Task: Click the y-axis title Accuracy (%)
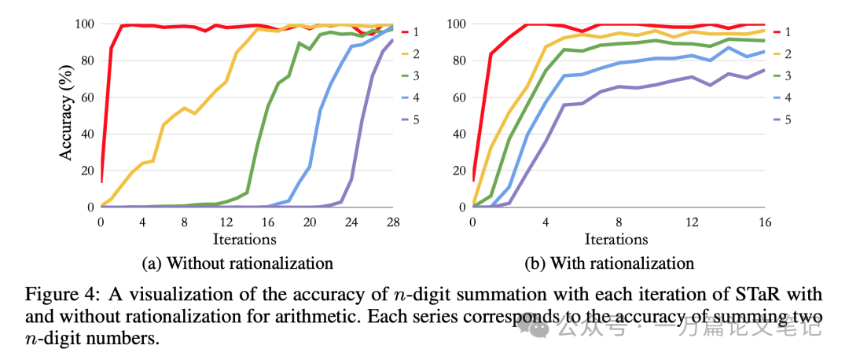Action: (67, 116)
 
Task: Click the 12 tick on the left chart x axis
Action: (226, 222)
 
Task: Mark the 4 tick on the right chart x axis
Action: (545, 222)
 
